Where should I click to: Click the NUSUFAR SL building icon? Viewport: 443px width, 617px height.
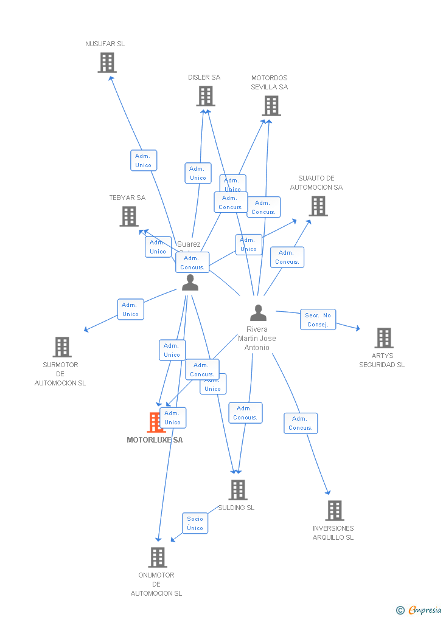click(x=107, y=63)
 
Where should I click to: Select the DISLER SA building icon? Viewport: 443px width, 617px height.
click(x=206, y=96)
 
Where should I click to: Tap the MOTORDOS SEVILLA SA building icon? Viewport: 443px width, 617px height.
click(x=271, y=106)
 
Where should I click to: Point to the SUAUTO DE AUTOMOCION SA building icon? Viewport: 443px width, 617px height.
click(x=318, y=206)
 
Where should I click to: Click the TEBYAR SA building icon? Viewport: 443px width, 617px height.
click(x=129, y=216)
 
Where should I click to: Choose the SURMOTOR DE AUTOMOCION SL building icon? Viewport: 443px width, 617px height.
click(x=62, y=347)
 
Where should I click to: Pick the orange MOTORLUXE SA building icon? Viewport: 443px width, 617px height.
click(x=155, y=422)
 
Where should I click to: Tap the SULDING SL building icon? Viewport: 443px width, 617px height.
click(x=238, y=490)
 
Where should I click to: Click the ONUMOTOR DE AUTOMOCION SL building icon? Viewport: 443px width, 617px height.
click(x=158, y=557)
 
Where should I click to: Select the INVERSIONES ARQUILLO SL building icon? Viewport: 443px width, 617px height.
click(x=335, y=511)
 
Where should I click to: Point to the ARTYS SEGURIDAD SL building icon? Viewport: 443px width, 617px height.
click(x=384, y=338)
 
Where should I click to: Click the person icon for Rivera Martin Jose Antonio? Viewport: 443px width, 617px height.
click(x=259, y=313)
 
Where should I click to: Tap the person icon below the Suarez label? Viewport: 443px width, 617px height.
click(x=190, y=283)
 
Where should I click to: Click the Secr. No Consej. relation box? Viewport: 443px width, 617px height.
click(x=318, y=320)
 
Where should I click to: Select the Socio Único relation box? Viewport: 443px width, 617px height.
click(x=195, y=523)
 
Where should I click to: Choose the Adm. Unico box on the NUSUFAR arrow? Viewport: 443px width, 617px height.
click(x=144, y=160)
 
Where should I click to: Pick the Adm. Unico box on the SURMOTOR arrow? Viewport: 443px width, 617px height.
click(x=130, y=309)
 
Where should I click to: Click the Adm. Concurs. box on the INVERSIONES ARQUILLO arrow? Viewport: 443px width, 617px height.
click(x=301, y=423)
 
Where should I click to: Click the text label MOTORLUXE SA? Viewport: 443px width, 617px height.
click(x=155, y=440)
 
